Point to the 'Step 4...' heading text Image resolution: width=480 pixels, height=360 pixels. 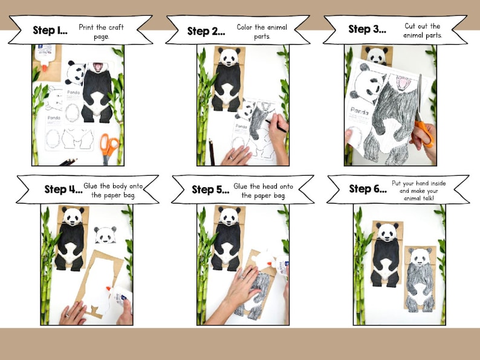click(x=63, y=189)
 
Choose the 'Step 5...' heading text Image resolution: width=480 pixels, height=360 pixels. click(x=211, y=190)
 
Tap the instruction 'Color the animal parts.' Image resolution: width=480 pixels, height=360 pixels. click(x=253, y=31)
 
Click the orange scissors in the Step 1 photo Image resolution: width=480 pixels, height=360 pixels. click(x=109, y=147)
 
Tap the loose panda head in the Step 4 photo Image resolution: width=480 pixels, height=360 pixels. click(x=105, y=234)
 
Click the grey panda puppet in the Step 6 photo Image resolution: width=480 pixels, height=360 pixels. click(x=418, y=278)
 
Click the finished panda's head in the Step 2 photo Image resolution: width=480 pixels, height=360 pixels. click(x=229, y=57)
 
